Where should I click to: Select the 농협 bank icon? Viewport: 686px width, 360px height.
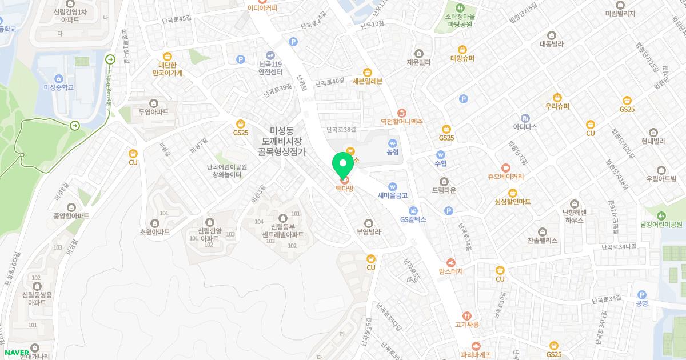[x=392, y=143]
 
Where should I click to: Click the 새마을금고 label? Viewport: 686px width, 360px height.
[x=392, y=195]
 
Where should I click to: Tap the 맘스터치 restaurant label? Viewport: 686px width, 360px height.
[x=451, y=271]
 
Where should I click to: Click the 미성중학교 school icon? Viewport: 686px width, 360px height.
[x=59, y=78]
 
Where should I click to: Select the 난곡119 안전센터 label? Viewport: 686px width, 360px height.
[x=270, y=68]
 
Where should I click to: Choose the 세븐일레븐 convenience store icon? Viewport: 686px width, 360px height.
[x=367, y=72]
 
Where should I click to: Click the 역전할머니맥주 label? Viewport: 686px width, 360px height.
[x=401, y=122]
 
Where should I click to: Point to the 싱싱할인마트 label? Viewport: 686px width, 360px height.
[x=513, y=202]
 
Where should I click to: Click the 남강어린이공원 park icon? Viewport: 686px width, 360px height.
[x=661, y=215]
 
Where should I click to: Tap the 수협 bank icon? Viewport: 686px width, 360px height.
[x=440, y=154]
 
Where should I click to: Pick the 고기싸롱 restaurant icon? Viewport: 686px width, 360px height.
[x=467, y=315]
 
